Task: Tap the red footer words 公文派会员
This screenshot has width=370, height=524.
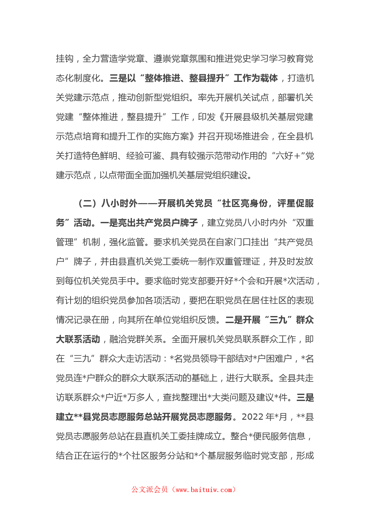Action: (150, 490)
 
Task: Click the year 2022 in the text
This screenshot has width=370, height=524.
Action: (253, 417)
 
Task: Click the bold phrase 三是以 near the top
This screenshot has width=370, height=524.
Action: (123, 78)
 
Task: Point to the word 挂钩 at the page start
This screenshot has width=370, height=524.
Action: (65, 59)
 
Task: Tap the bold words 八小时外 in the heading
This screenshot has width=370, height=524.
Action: (119, 203)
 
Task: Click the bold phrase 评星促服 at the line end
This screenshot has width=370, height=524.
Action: (295, 203)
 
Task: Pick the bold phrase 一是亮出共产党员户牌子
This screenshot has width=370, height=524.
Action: (149, 223)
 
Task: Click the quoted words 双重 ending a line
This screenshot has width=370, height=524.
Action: (305, 223)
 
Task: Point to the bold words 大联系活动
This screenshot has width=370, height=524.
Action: (78, 339)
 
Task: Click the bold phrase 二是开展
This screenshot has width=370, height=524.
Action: (243, 320)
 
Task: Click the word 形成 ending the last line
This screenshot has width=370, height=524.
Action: (305, 456)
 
